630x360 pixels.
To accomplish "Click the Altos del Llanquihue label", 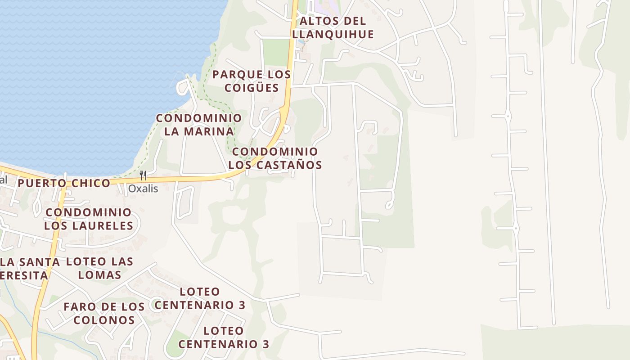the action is coord(333,27).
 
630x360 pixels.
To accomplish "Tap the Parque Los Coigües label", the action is coord(252,81).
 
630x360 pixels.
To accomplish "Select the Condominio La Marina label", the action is coord(199,125).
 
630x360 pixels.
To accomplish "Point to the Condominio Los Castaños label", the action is coord(275,158).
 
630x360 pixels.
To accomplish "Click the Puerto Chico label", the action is coord(64,183).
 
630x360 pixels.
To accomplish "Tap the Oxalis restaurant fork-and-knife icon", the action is coord(143,175).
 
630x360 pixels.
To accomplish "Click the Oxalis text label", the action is coord(143,189).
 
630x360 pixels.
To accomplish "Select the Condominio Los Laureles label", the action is coord(89,219).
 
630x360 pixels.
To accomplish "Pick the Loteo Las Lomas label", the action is coord(100,268).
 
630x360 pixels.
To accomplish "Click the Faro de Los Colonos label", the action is coord(104,313).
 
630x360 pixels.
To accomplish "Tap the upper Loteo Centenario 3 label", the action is coord(200,298).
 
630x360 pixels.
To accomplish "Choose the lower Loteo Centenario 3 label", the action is coord(224,337).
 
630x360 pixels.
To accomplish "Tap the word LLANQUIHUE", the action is coord(333,34).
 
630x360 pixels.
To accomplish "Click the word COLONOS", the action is coord(104,320).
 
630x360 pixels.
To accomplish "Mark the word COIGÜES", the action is coord(252,87).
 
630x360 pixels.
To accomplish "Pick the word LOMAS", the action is coord(100,275).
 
